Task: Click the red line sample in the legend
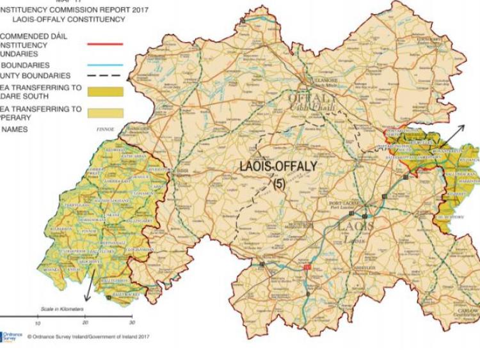105,44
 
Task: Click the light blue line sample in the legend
105,64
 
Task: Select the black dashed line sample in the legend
105,77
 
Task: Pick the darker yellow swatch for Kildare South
105,91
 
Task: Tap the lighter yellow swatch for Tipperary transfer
105,113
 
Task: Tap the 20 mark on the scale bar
84,323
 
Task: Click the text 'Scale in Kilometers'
62,309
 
